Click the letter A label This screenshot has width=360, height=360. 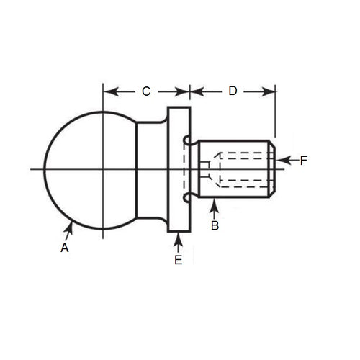[64, 248]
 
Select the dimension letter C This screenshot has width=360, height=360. [145, 91]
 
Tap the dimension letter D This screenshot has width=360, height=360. [232, 91]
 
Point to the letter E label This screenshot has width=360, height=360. [178, 260]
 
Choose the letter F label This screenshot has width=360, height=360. [304, 161]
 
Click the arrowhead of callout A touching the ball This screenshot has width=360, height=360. [71, 226]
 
